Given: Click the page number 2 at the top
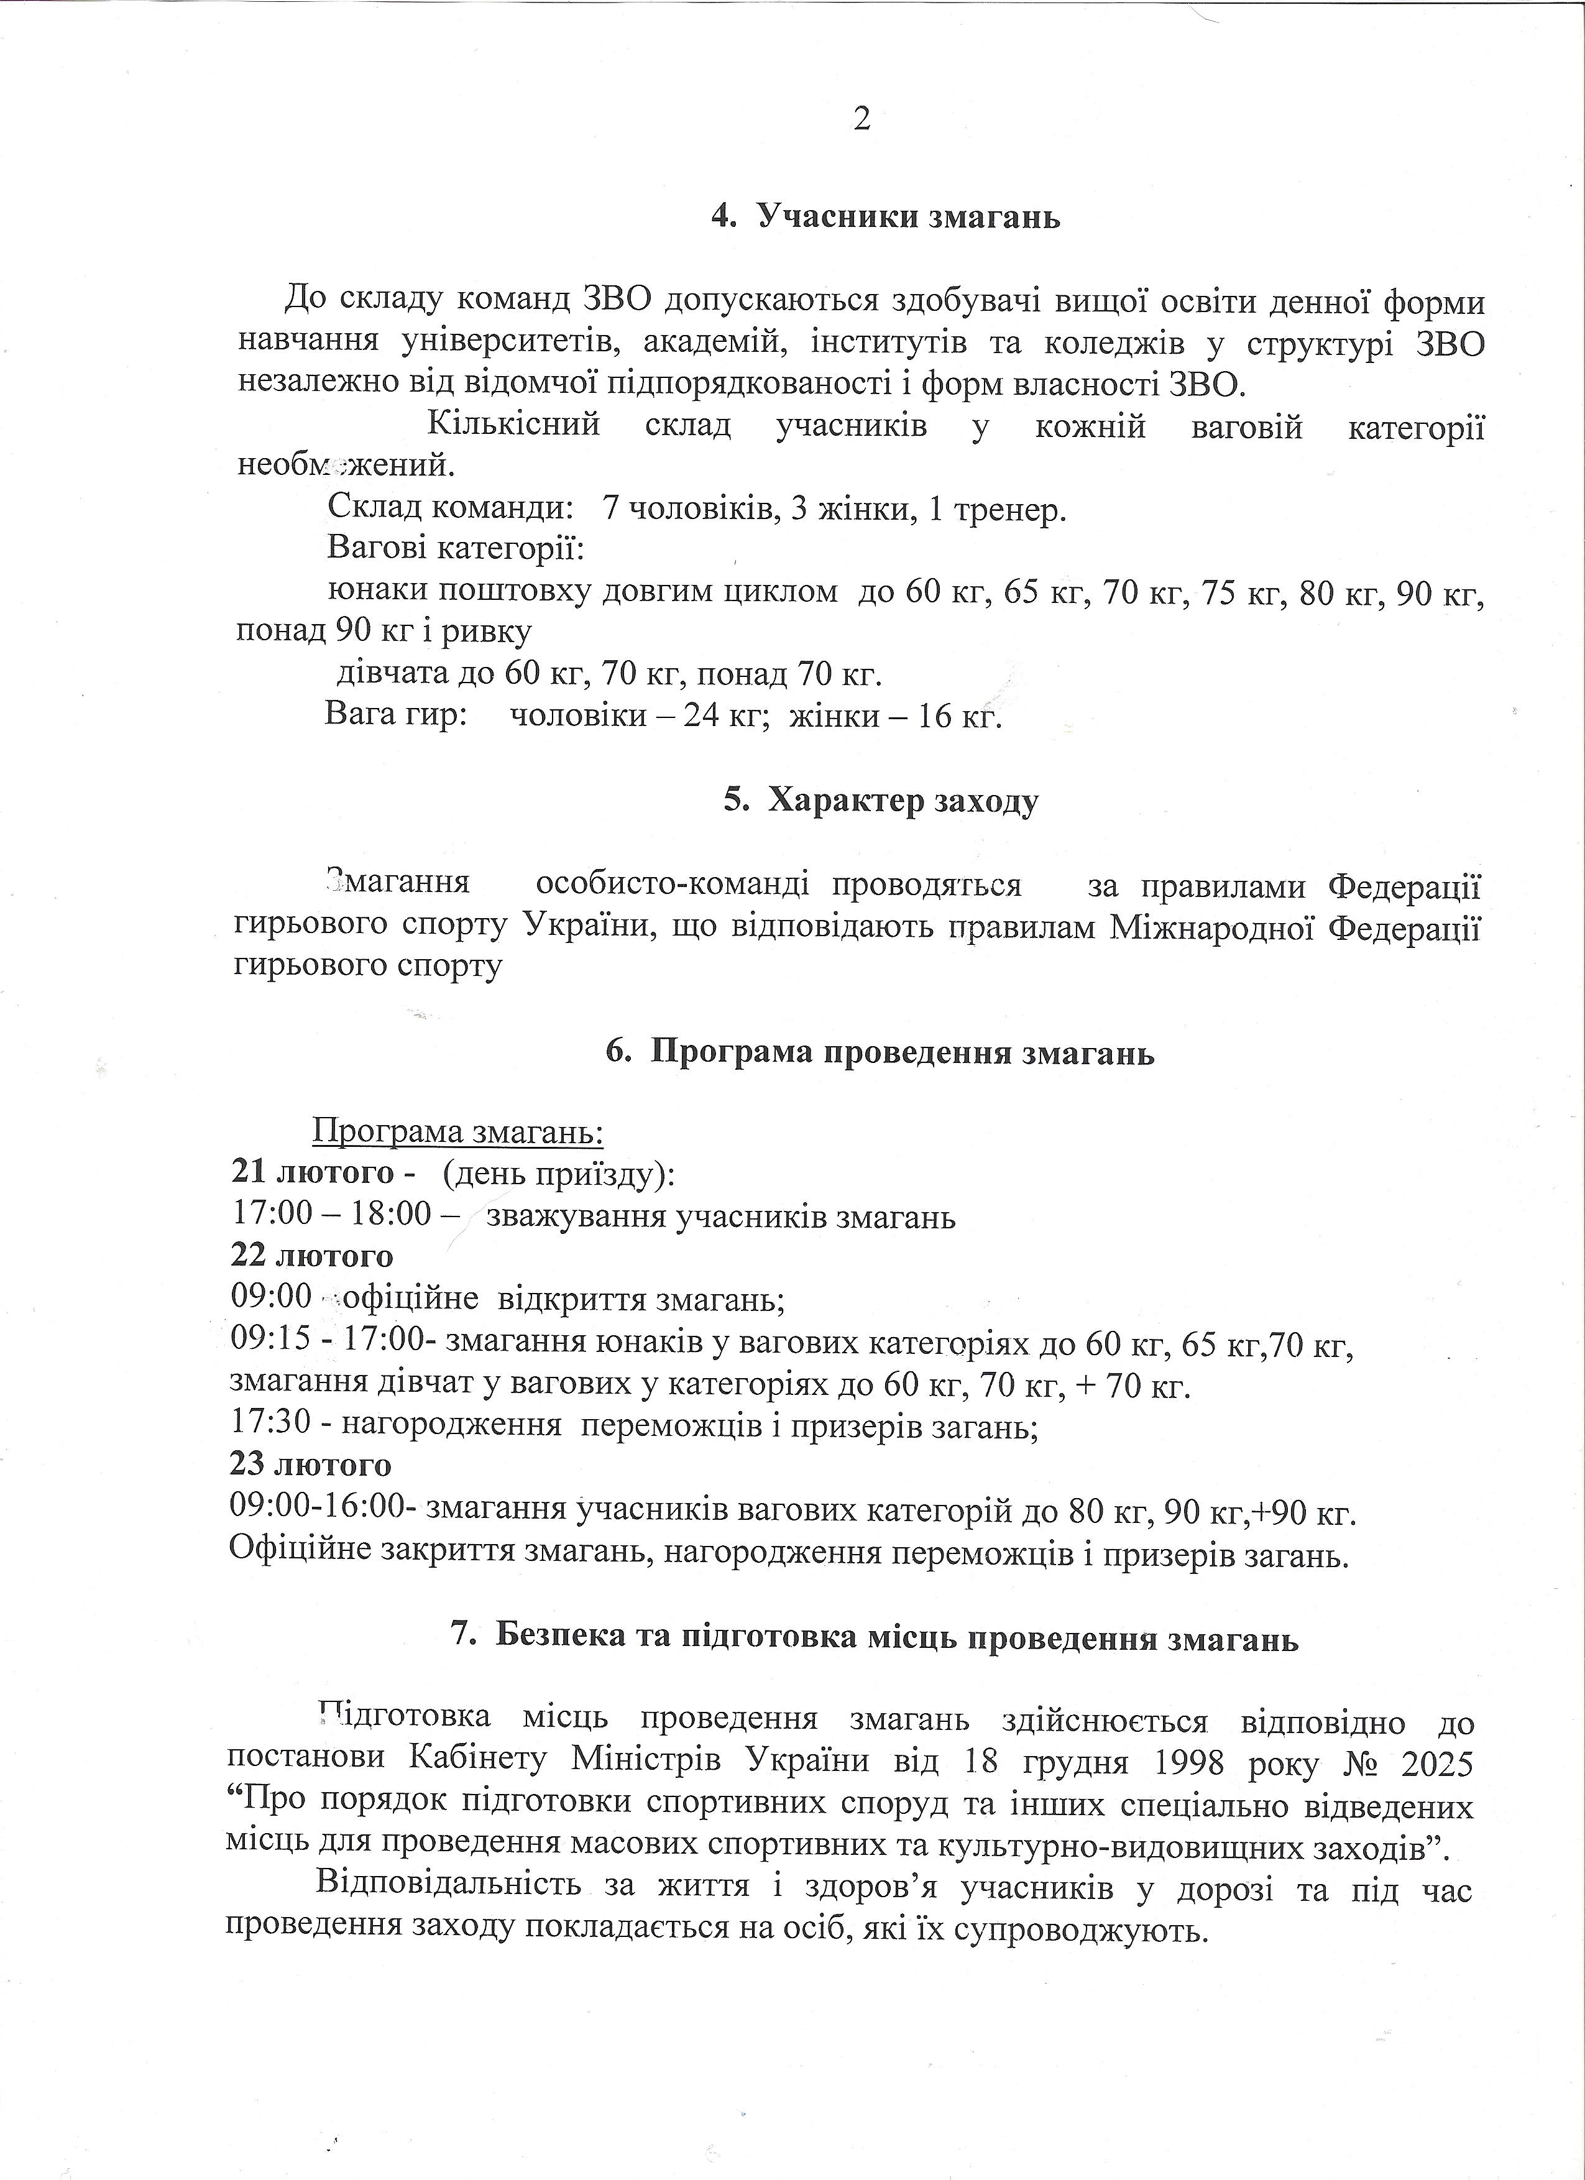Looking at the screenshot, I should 861,119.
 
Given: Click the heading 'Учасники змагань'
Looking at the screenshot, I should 908,217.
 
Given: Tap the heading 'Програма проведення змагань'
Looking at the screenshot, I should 902,1052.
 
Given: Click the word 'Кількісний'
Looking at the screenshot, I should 513,424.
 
